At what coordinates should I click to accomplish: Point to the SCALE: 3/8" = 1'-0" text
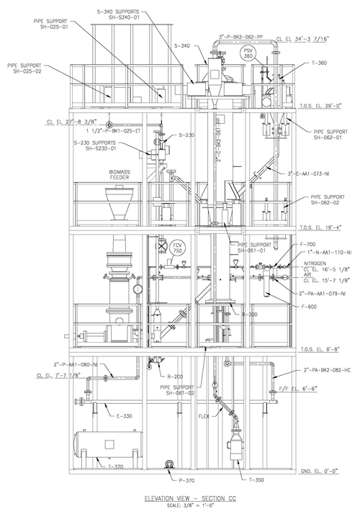point(180,505)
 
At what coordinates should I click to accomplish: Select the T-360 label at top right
point(319,63)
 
